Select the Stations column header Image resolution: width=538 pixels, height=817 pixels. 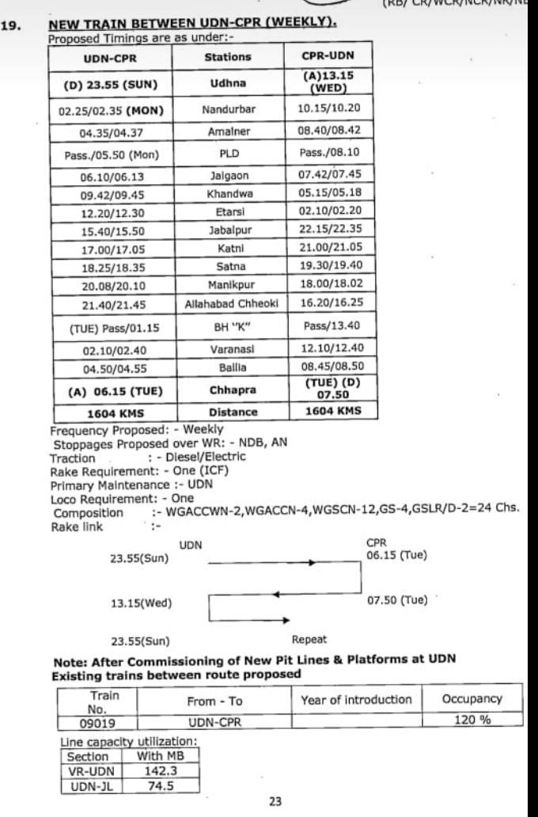[227, 57]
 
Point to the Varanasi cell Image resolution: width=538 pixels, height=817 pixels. [227, 349]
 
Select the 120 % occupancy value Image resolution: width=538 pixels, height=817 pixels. [472, 721]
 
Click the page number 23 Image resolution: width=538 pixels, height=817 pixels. [275, 802]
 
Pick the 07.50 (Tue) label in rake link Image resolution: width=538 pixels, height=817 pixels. [396, 601]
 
